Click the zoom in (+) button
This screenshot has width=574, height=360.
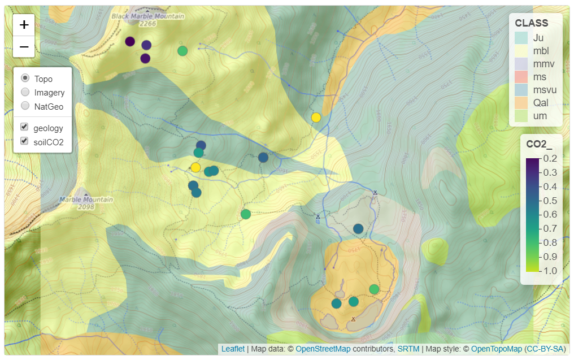(24, 25)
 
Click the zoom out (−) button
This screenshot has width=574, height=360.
(24, 47)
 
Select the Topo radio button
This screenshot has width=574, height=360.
(25, 78)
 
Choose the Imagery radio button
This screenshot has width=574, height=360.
(25, 92)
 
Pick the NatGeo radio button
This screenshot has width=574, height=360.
(25, 106)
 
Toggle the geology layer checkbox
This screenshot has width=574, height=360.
(25, 127)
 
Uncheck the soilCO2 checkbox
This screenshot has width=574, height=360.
(25, 141)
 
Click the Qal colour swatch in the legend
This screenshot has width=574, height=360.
(521, 103)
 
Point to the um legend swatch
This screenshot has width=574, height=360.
(521, 116)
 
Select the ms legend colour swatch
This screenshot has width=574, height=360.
(521, 76)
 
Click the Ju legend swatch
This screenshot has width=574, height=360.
(521, 38)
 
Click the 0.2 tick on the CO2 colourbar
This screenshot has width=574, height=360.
(550, 159)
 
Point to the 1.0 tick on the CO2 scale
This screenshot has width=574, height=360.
(550, 271)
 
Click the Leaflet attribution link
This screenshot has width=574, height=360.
(233, 349)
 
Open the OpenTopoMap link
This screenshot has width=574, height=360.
(495, 349)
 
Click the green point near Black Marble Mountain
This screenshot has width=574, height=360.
(182, 51)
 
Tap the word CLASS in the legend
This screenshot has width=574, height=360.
(531, 23)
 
